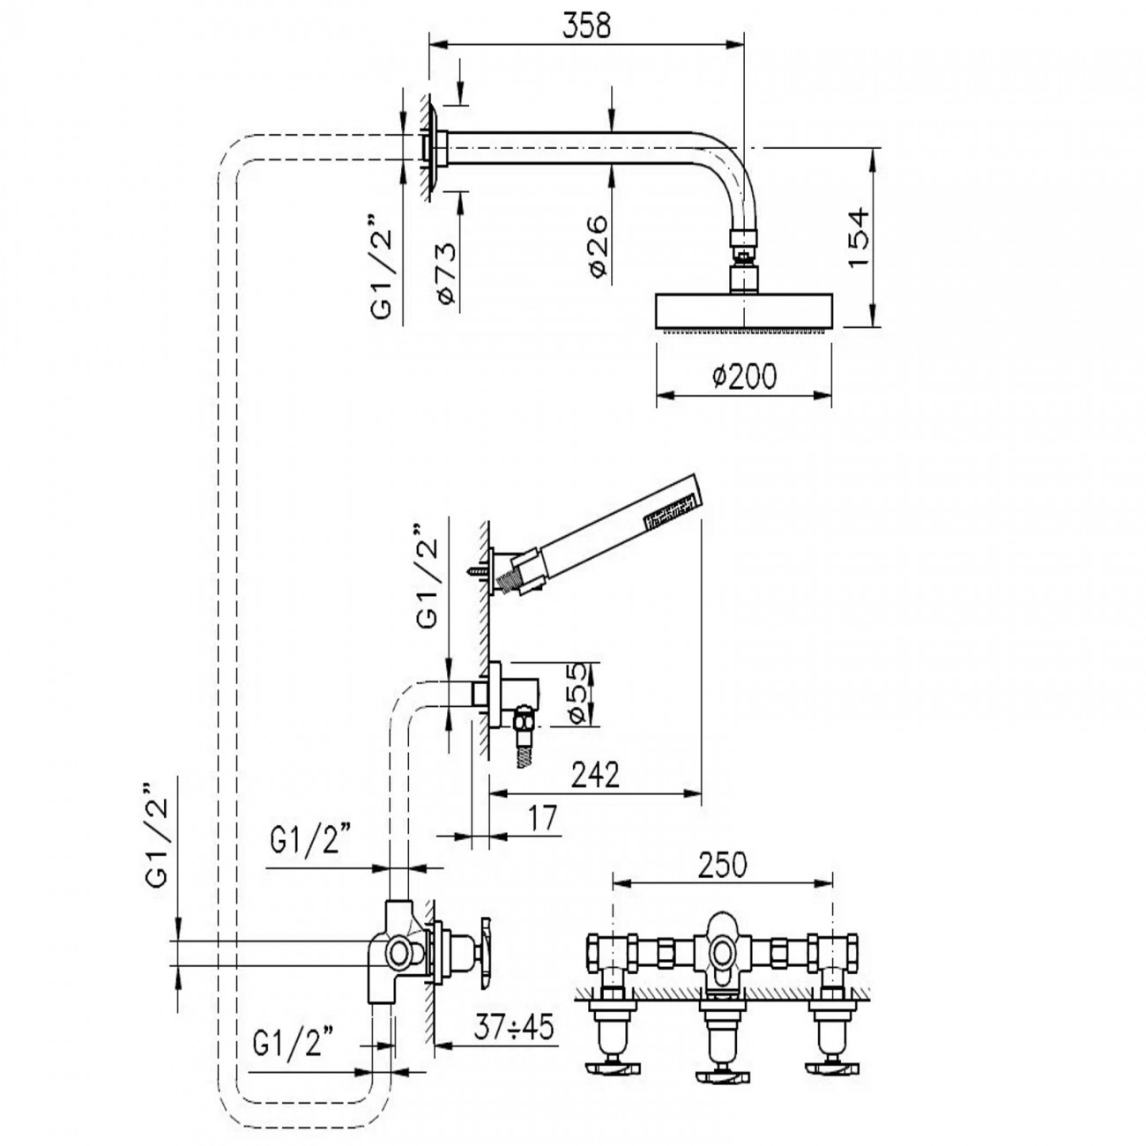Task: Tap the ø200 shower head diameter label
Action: tap(745, 377)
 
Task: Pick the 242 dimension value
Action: tap(595, 775)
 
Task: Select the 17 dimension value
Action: tap(544, 819)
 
